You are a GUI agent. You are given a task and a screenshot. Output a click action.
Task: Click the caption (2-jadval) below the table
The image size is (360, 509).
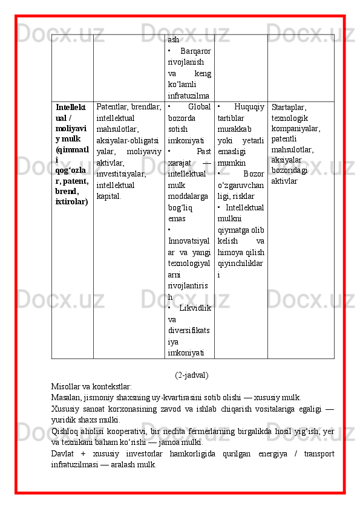point(191,375)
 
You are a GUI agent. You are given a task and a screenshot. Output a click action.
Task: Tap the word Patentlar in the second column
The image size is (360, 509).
point(112,107)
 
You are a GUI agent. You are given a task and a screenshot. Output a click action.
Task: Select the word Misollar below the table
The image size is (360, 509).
point(67,386)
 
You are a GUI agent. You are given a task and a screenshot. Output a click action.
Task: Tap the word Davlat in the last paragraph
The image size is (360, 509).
point(64,454)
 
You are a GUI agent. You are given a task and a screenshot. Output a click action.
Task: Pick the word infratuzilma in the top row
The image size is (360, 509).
point(188,96)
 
